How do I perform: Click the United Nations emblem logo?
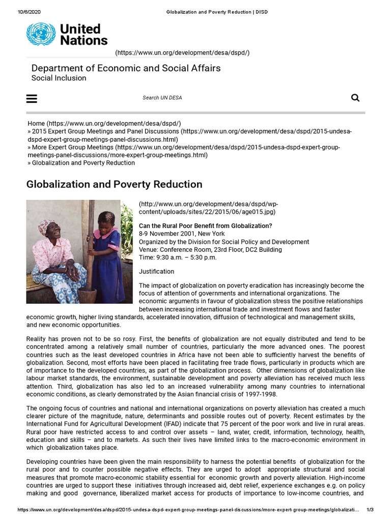point(41,34)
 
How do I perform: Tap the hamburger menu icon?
point(32,98)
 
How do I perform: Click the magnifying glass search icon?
point(355,98)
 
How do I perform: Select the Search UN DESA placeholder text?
point(162,98)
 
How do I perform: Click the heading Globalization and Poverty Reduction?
point(114,185)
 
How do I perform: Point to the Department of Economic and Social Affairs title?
point(126,68)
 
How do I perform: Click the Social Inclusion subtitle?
point(59,78)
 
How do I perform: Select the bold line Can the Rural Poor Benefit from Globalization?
point(205,226)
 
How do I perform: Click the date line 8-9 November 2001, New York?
point(182,233)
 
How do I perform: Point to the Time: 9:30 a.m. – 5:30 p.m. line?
point(178,257)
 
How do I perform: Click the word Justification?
point(156,272)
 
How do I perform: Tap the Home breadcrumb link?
point(36,124)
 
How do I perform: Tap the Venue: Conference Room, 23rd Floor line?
point(210,250)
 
